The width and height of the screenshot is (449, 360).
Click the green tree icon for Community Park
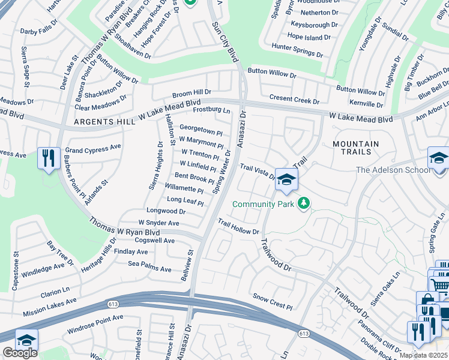[x=305, y=204]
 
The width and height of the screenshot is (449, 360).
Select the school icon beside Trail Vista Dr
[x=287, y=180]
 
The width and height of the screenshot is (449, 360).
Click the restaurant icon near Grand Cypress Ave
[x=49, y=158]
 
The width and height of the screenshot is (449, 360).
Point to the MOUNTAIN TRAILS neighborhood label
[x=355, y=149]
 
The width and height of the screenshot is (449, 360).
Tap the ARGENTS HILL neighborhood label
[x=97, y=122]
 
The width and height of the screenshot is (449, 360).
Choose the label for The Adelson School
[x=393, y=170]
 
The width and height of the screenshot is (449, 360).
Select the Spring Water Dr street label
[x=221, y=172]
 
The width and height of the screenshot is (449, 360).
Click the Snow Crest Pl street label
[x=272, y=301]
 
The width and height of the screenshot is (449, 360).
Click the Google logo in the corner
[x=20, y=352]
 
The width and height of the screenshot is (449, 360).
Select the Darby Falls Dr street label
[x=39, y=28]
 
